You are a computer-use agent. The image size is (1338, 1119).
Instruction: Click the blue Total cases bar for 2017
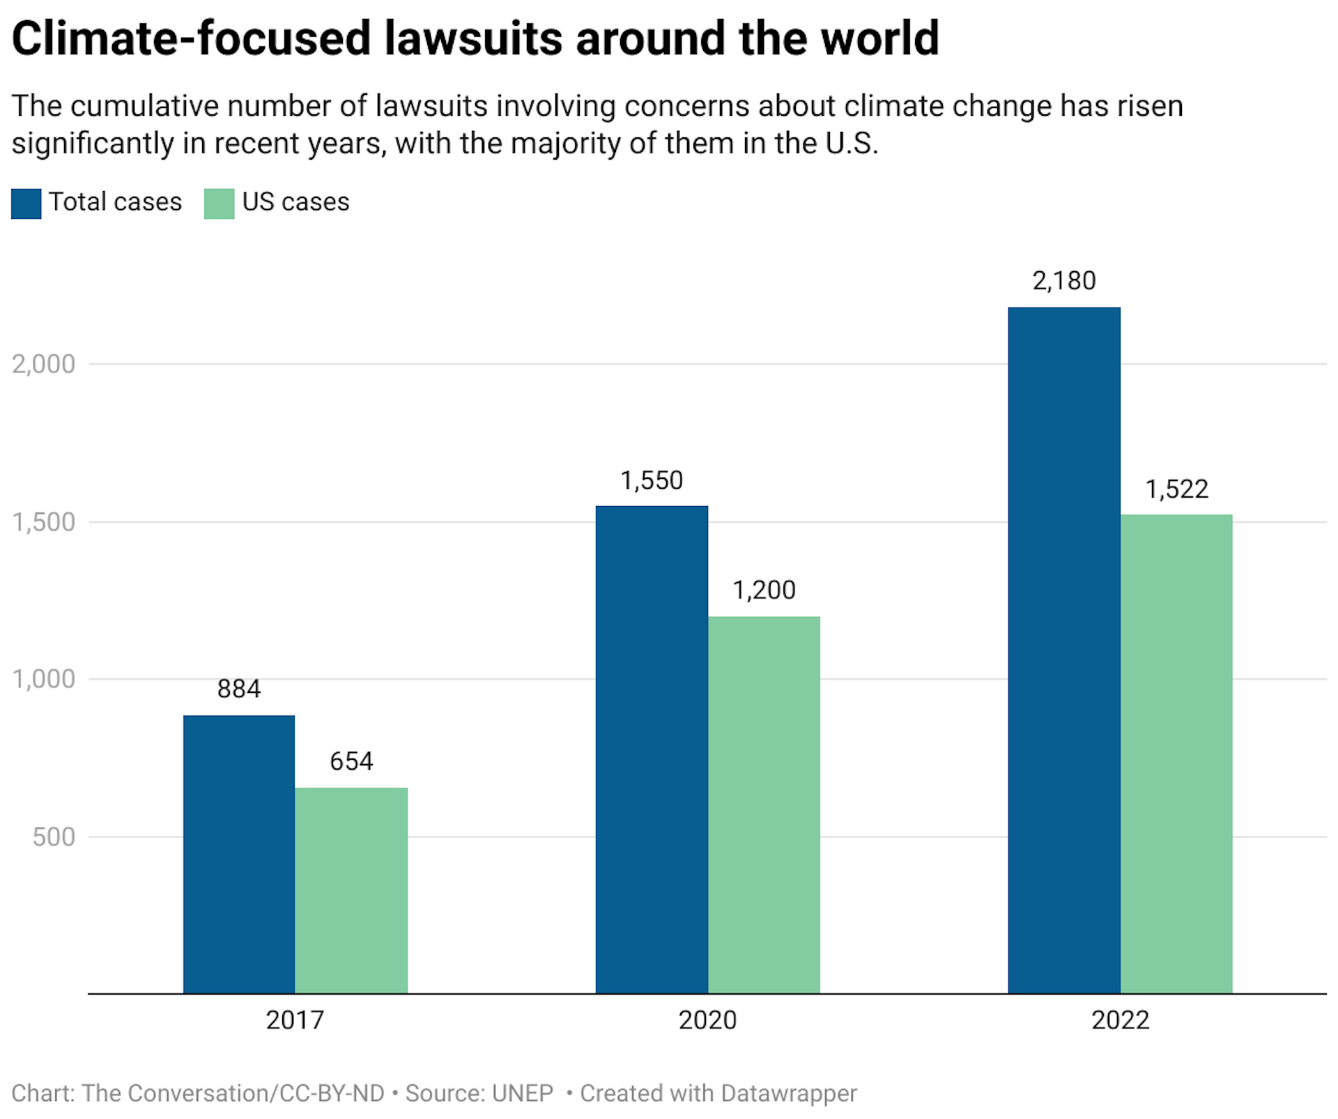(x=239, y=854)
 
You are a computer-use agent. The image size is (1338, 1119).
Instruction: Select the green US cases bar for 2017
(x=351, y=890)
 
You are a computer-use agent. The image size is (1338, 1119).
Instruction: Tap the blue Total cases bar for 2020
(x=652, y=749)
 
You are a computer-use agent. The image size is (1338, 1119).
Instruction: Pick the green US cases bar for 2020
(x=764, y=805)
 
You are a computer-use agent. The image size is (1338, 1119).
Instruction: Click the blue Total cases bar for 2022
(x=1064, y=650)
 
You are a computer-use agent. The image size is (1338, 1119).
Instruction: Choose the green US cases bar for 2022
(x=1176, y=754)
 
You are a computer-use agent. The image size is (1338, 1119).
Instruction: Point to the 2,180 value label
(x=1064, y=281)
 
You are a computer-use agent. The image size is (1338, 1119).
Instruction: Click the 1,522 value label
(x=1176, y=489)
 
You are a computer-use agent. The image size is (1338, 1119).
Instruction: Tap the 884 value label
(x=239, y=689)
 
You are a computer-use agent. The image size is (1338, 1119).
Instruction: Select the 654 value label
(x=351, y=761)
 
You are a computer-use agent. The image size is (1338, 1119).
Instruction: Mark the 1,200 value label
(x=764, y=591)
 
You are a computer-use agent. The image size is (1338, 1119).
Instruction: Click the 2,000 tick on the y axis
(x=43, y=364)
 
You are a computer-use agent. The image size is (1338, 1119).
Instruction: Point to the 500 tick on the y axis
(x=54, y=837)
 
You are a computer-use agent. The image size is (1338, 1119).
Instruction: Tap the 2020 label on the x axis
(x=707, y=1020)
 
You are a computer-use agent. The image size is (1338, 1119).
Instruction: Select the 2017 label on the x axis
(x=295, y=1020)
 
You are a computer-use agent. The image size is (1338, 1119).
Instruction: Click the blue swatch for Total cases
(x=26, y=204)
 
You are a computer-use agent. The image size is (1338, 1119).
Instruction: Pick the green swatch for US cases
(x=219, y=204)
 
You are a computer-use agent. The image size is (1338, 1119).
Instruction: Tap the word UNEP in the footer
(x=522, y=1093)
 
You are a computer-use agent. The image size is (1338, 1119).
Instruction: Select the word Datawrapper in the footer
(x=788, y=1093)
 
